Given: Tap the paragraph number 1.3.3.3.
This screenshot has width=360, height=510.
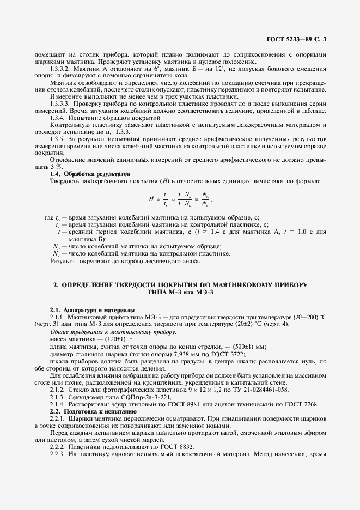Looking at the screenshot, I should pos(59,104).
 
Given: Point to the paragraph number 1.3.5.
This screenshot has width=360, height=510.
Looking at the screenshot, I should pos(57,140).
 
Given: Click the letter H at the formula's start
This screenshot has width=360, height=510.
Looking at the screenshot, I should pos(151,199).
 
